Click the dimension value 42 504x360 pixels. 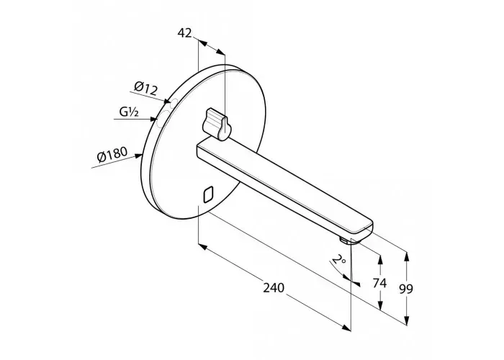184,33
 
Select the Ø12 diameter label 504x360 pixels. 145,89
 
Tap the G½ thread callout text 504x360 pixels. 129,112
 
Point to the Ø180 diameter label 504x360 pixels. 112,154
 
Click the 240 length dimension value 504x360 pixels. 274,287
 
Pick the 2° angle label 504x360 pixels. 338,259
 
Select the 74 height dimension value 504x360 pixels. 379,283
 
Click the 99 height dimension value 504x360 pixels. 406,289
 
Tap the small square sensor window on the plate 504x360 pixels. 208,194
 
